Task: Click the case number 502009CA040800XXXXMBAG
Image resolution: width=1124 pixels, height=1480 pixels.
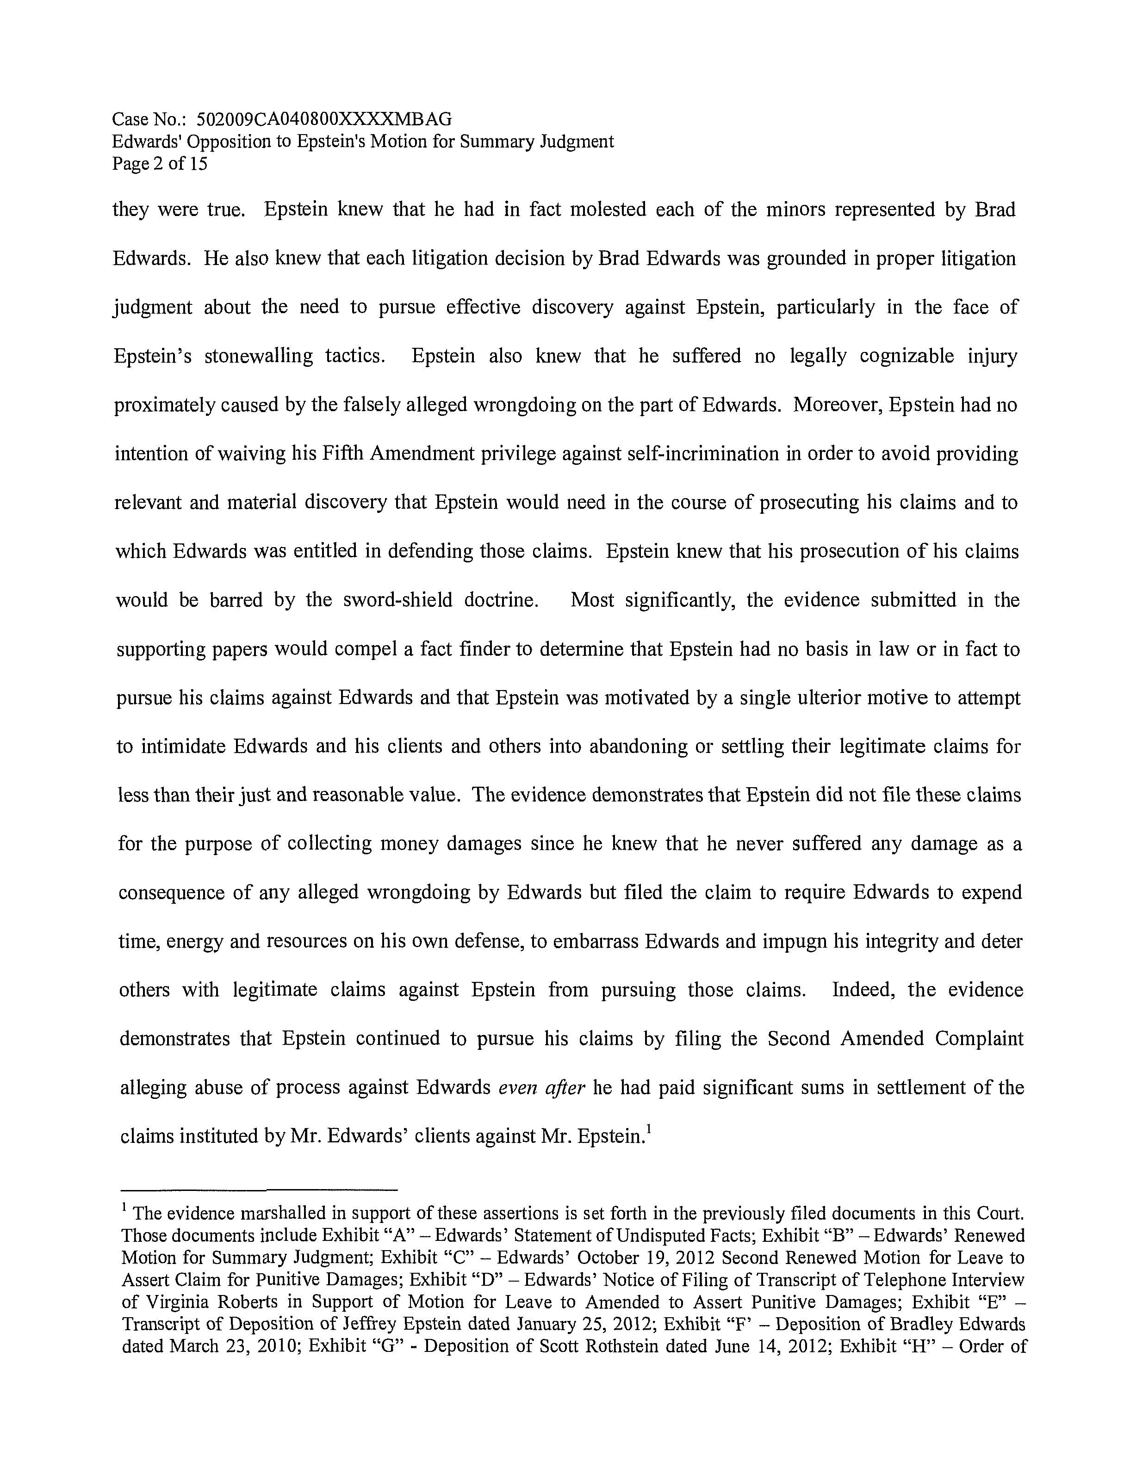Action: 324,119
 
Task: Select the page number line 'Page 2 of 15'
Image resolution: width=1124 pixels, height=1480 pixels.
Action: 159,164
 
